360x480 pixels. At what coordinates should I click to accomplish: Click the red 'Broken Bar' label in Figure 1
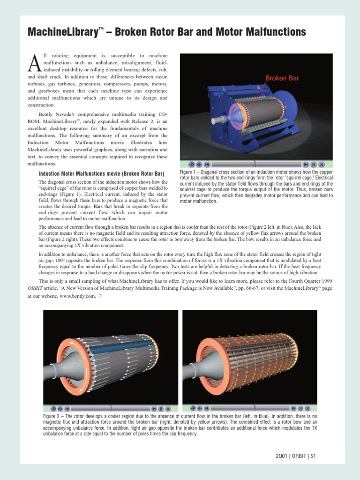[282, 78]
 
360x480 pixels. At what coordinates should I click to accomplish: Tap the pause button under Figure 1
[314, 165]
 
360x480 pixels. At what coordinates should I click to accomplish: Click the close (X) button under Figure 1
[322, 165]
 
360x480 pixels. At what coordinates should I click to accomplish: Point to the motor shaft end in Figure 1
[216, 120]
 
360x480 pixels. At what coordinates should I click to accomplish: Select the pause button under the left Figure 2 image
[161, 409]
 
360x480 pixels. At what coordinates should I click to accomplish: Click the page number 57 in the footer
[313, 456]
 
